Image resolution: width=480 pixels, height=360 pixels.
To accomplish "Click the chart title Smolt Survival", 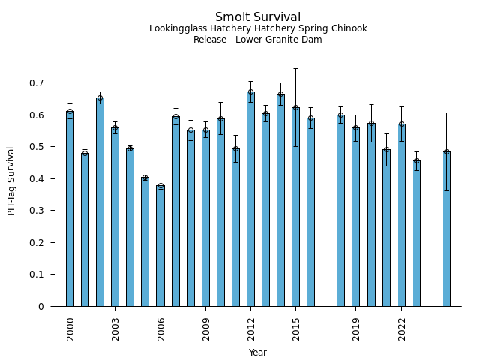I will (x=258, y=17).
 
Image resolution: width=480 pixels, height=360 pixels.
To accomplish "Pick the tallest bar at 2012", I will (x=250, y=199).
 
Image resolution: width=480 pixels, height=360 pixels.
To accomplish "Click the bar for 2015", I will (x=295, y=206).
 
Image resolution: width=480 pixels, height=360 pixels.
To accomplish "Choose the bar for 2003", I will (x=115, y=217).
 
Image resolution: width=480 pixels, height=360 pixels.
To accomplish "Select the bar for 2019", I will (x=356, y=217).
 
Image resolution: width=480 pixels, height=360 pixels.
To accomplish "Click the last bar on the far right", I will (x=446, y=229).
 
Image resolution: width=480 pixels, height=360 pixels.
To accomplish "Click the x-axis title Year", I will (x=258, y=352).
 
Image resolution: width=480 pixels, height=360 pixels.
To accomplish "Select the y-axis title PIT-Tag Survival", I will (x=11, y=181).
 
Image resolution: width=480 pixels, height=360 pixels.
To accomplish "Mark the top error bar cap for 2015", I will (x=295, y=69).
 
